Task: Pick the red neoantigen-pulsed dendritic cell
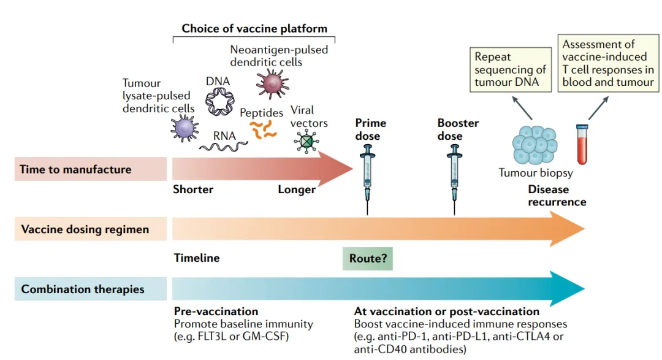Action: pos(272,83)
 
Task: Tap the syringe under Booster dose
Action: pos(454,175)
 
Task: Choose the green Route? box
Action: pos(367,259)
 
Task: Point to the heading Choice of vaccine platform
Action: pos(254,29)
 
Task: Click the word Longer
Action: pos(297,190)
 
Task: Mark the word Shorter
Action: pos(193,190)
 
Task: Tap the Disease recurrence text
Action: pos(557,196)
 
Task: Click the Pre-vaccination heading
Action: pos(216,312)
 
